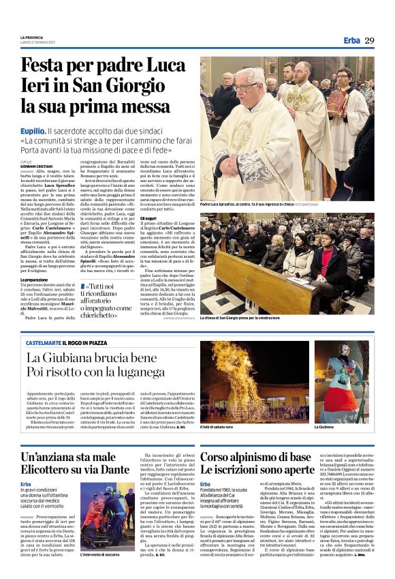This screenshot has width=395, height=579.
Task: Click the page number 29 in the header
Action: tap(370, 40)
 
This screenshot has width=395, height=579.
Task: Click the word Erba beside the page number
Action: tap(351, 40)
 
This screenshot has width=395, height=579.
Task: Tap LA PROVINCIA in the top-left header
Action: tap(31, 37)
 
